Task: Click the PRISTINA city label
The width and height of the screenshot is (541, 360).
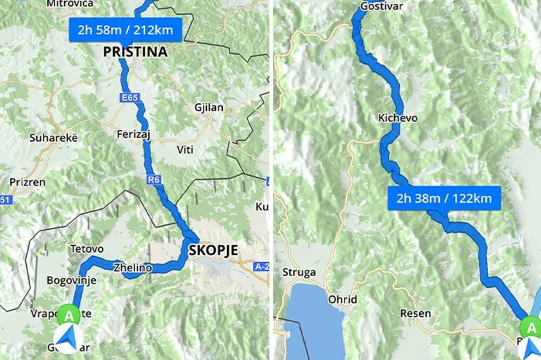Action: [x=135, y=52]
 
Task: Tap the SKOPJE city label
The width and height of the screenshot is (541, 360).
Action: [x=214, y=250]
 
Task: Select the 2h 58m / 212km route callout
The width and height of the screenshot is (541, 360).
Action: [x=125, y=30]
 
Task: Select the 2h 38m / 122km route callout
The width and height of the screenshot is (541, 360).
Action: [x=444, y=198]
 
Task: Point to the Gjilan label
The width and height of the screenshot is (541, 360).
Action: [x=209, y=108]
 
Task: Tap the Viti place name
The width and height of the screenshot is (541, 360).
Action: [x=184, y=149]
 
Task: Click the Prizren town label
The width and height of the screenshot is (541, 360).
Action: [x=27, y=182]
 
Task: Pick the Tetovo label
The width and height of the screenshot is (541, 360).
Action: [x=87, y=249]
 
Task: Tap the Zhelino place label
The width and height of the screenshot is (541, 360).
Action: [x=133, y=267]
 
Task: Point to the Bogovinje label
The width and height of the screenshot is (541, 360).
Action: [x=71, y=281]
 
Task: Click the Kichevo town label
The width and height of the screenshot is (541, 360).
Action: [x=398, y=118]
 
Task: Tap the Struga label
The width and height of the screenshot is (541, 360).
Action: [x=299, y=272]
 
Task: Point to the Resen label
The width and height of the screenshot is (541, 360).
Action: [x=415, y=313]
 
